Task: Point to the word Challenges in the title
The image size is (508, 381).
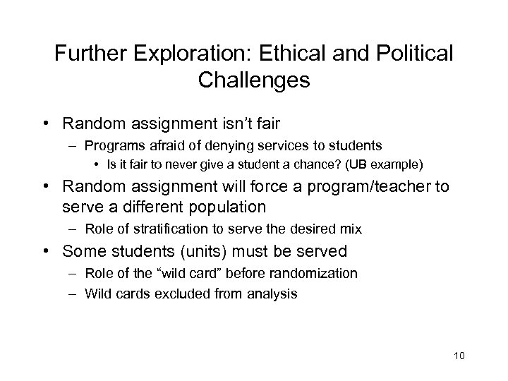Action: click(254, 80)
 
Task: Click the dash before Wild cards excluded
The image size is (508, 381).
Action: click(73, 292)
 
